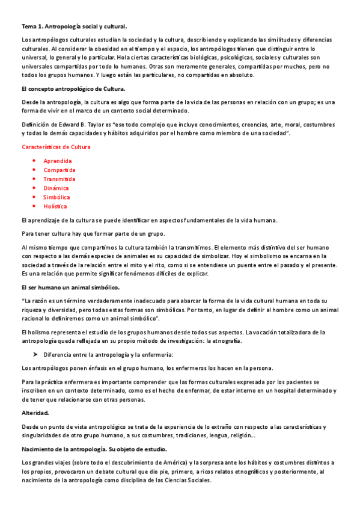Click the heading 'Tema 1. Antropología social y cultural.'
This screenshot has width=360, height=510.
pos(75,27)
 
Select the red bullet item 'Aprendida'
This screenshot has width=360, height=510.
pos(58,161)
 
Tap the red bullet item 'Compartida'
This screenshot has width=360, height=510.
pos(59,170)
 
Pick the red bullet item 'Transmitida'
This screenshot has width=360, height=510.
pos(59,179)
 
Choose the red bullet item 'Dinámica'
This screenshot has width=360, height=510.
pos(56,188)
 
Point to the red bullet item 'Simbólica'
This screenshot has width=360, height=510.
pos(56,197)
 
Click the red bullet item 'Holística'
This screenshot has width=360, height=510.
pos(55,206)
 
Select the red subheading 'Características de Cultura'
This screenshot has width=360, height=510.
pos(56,147)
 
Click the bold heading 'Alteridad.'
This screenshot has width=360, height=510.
pos(35,413)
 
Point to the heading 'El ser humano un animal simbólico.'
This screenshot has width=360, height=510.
pos(70,287)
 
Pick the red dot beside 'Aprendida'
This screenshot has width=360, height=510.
pos(34,161)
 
